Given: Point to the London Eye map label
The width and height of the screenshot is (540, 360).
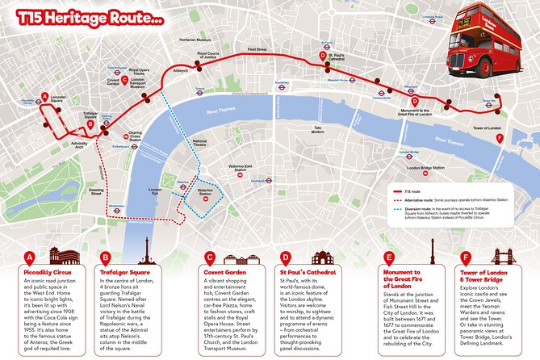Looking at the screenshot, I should point(156,191).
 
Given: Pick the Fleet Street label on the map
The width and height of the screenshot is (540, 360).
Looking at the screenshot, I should point(268,49).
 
